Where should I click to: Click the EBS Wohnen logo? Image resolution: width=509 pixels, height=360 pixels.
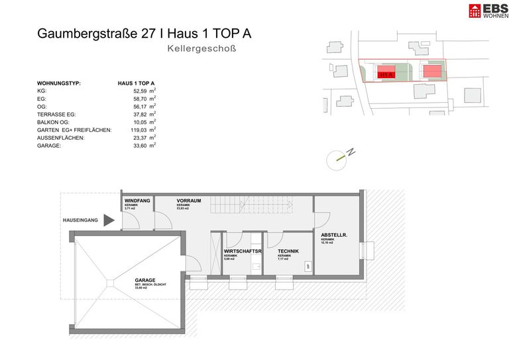[x=484, y=11]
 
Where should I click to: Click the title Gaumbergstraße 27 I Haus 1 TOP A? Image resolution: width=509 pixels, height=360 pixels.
[x=144, y=34]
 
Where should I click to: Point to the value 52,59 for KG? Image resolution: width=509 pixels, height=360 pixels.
[x=139, y=91]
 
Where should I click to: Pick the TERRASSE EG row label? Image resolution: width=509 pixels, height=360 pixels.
[x=61, y=114]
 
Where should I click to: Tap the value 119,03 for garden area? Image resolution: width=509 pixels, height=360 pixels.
[x=138, y=130]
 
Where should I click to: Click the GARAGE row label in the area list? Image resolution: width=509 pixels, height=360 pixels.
[x=50, y=145]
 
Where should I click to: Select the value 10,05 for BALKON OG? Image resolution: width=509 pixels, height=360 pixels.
[x=139, y=122]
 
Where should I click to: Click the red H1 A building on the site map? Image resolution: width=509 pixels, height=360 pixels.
[x=386, y=75]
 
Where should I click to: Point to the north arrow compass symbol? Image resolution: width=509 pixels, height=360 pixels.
[x=340, y=156]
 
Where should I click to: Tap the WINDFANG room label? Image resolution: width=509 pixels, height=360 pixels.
[x=137, y=200]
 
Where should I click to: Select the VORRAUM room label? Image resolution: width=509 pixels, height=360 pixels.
[x=188, y=200]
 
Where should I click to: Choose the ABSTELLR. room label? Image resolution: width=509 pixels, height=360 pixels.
[x=335, y=235]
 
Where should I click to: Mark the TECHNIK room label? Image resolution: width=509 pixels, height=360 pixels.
[x=288, y=251]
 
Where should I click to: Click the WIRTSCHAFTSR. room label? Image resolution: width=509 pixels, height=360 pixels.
[x=243, y=251]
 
